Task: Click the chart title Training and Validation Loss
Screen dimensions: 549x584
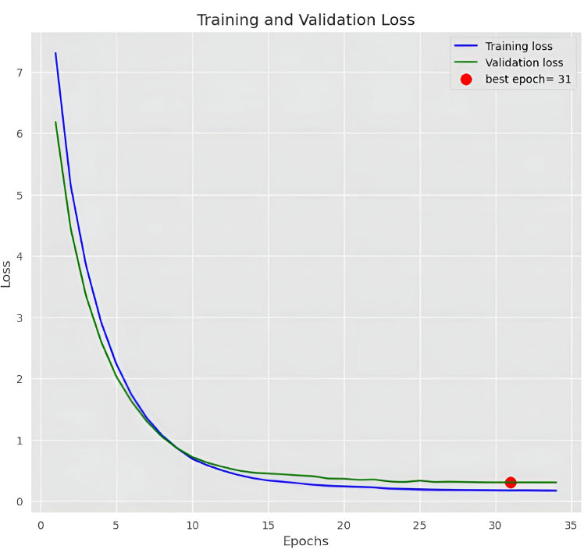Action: click(305, 19)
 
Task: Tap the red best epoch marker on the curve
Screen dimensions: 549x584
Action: click(511, 483)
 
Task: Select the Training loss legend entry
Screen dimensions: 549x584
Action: click(518, 46)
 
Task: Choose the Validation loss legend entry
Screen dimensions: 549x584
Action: click(524, 62)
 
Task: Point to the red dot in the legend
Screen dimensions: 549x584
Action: click(466, 80)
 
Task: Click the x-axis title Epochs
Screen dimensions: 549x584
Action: click(305, 540)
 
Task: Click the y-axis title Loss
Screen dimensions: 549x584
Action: click(7, 274)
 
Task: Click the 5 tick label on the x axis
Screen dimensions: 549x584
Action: click(116, 524)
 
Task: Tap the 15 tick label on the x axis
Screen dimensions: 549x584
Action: click(268, 524)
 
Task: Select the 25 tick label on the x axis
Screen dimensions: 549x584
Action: click(420, 524)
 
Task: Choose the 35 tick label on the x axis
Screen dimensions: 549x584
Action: click(572, 524)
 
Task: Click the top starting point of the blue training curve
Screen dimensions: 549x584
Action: click(55, 53)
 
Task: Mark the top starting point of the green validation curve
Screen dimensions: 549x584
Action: click(55, 122)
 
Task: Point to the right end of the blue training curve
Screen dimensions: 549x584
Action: click(556, 491)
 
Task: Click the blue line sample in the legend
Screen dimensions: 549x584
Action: click(466, 46)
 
